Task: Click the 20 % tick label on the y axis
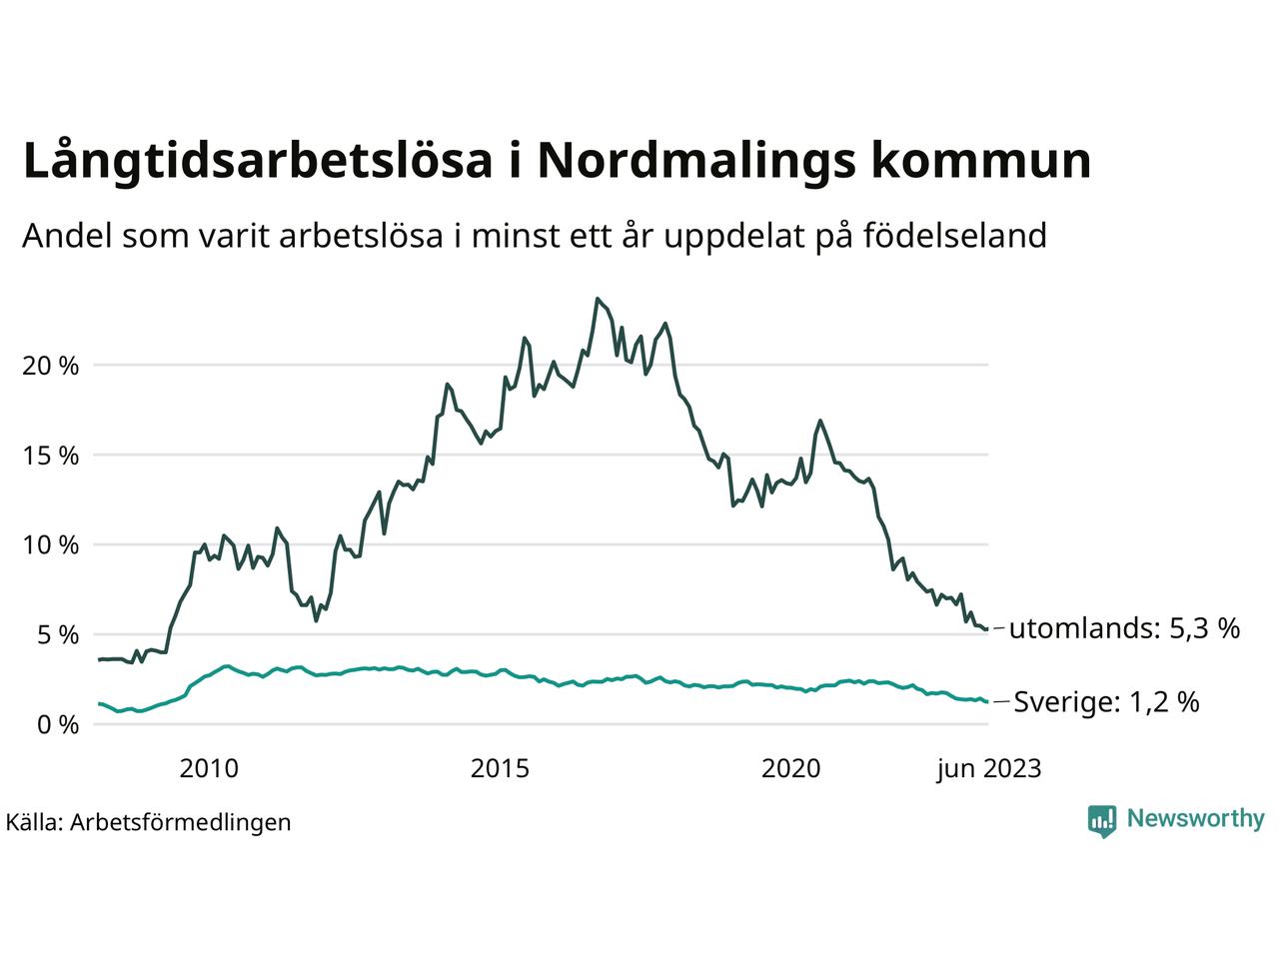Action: [x=50, y=366]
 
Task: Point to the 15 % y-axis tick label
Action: [x=50, y=456]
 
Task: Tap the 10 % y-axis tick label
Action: [x=50, y=545]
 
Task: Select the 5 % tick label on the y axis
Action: [x=56, y=635]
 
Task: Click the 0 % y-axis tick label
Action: [x=56, y=725]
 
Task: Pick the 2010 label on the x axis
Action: [x=209, y=768]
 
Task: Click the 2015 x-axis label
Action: [x=501, y=768]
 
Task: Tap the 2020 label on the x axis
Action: [x=791, y=768]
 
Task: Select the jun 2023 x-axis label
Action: [x=988, y=768]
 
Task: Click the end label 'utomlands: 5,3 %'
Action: [x=1124, y=628]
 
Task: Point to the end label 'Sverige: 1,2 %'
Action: [x=1106, y=702]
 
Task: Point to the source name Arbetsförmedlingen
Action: [x=181, y=822]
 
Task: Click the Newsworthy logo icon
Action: [x=1102, y=820]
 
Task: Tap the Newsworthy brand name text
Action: [x=1195, y=819]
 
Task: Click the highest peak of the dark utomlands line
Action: [x=598, y=299]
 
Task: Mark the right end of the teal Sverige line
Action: [x=987, y=702]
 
